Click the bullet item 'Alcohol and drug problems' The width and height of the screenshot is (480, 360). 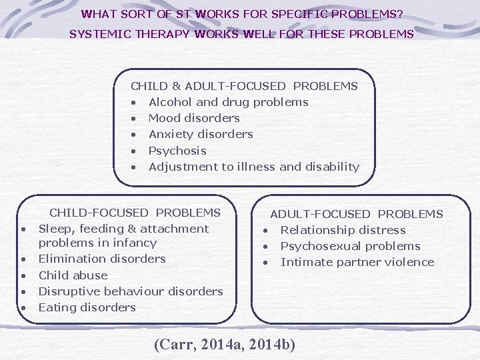pos(228,102)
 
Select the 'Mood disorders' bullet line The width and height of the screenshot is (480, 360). pos(193,118)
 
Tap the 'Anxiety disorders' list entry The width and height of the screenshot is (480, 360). pos(200,134)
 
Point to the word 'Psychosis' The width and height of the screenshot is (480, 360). pos(177,151)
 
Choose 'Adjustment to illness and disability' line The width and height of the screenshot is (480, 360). pos(253,167)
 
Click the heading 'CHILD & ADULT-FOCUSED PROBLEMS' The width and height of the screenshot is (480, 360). pos(244,86)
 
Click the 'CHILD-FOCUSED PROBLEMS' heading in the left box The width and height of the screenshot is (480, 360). pos(135,213)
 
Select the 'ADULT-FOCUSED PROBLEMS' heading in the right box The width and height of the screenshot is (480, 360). pos(356,214)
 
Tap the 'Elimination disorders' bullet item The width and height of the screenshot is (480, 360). pos(102,259)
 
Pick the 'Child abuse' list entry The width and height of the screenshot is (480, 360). pos(73,275)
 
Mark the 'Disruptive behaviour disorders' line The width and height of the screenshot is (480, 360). pos(131,291)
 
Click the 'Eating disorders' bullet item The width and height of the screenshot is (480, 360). pos(87,307)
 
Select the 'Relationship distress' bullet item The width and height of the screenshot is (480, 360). pos(343,230)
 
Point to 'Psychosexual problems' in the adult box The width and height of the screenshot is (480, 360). pos(350,246)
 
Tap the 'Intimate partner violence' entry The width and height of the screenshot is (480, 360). pos(357,262)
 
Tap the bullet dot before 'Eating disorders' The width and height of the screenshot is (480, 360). pos(23,308)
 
